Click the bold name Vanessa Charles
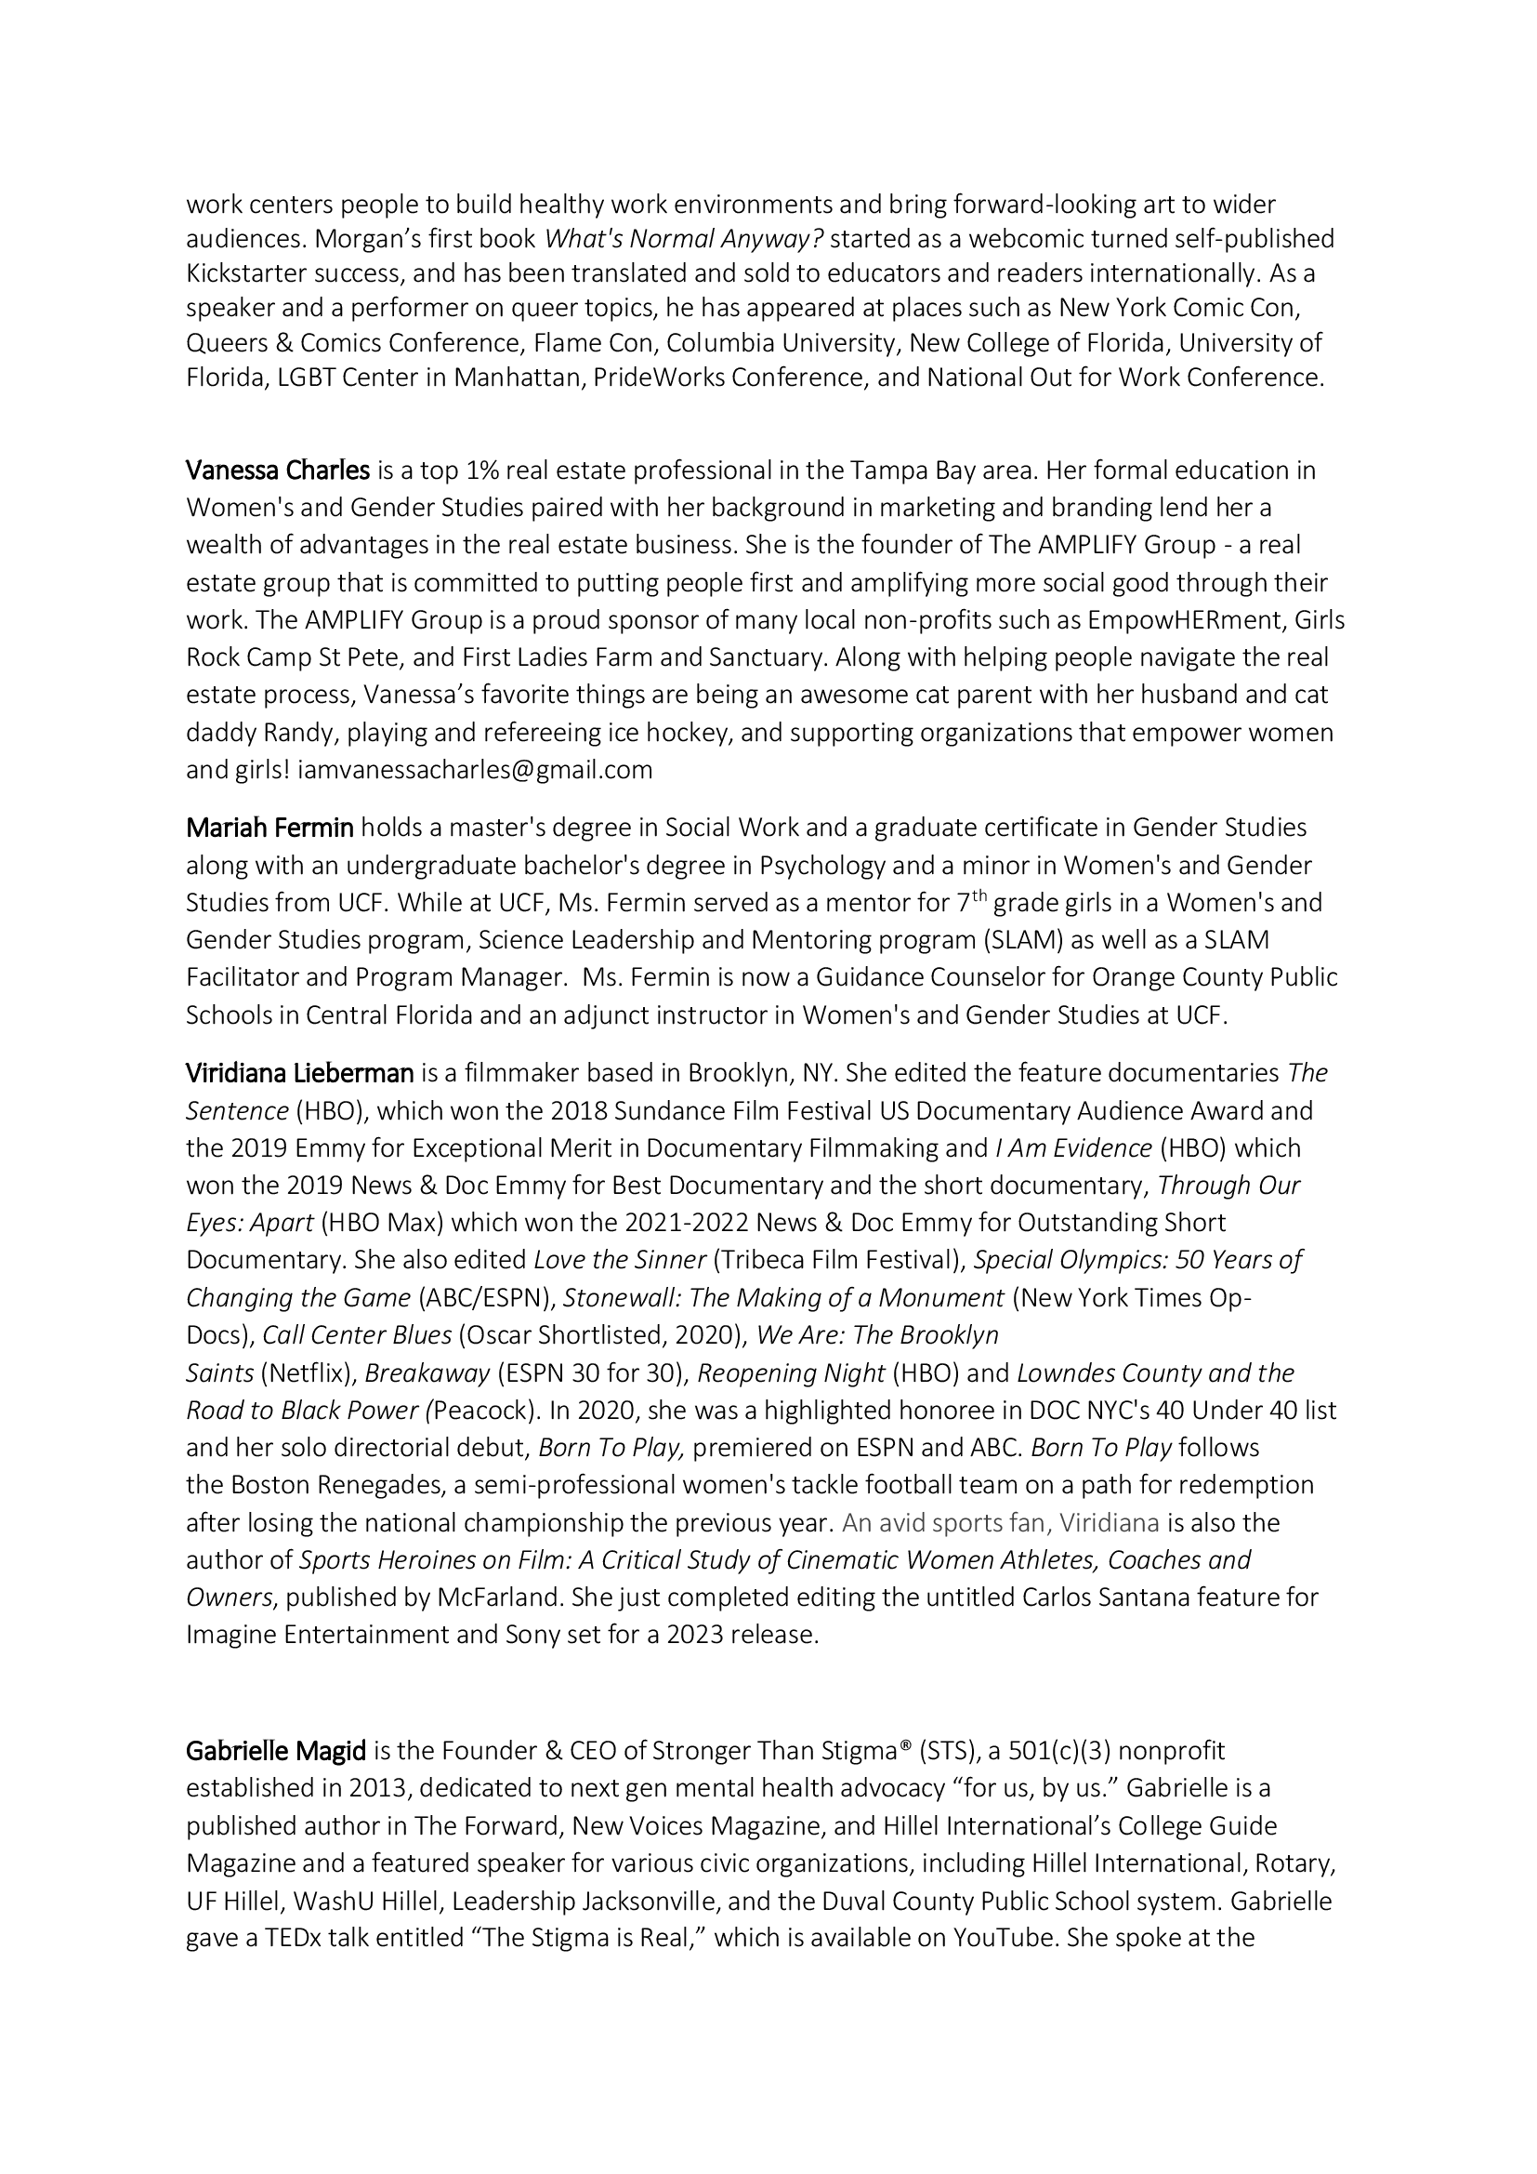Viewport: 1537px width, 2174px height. (x=277, y=471)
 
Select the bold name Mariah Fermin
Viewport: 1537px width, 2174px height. (x=269, y=828)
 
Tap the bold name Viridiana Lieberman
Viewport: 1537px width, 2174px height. (x=300, y=1073)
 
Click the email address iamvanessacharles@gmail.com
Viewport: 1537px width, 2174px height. (x=475, y=770)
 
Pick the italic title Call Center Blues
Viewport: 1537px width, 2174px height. (x=357, y=1335)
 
